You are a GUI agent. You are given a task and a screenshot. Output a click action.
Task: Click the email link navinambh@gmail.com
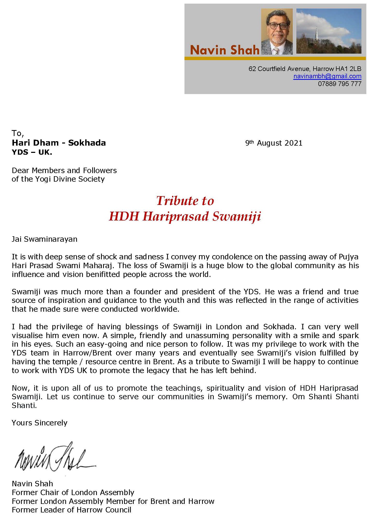pos(327,76)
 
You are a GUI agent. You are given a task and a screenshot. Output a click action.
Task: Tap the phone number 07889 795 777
pos(339,84)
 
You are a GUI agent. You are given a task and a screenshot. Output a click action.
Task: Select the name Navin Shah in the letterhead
pos(224,50)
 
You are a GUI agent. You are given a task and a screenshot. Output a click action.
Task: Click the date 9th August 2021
pos(274,143)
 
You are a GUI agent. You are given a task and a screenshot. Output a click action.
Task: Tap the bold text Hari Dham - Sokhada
pos(59,143)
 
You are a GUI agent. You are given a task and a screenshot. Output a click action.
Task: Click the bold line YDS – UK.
pos(32,152)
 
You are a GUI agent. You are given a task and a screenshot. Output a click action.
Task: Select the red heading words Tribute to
pos(185,201)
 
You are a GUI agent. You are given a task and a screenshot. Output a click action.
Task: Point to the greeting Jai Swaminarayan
pos(45,239)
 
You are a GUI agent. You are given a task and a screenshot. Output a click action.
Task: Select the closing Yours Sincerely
pos(39,423)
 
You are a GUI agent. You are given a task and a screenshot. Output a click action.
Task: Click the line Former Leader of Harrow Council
pos(72,510)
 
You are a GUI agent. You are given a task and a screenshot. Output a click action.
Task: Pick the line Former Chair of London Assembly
pos(73,492)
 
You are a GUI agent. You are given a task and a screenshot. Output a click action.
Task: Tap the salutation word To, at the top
pos(18,133)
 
